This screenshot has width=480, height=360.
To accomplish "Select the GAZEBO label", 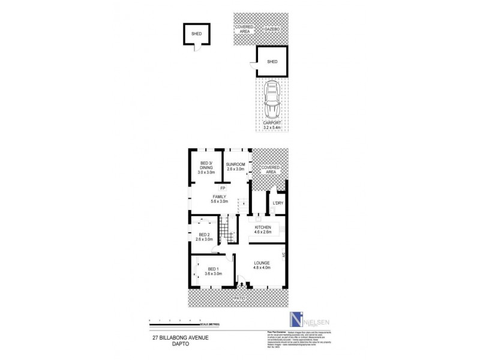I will pyautogui.click(x=273, y=29).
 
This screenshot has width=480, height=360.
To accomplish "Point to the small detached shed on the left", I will pyautogui.click(x=196, y=35).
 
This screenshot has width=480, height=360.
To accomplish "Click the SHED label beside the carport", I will pyautogui.click(x=272, y=61).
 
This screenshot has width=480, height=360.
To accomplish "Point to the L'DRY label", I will pyautogui.click(x=278, y=203).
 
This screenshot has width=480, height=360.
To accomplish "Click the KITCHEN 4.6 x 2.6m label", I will pyautogui.click(x=264, y=230).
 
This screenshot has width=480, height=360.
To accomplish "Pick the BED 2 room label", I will pyautogui.click(x=204, y=237).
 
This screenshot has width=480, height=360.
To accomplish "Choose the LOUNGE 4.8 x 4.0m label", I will pyautogui.click(x=262, y=266).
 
